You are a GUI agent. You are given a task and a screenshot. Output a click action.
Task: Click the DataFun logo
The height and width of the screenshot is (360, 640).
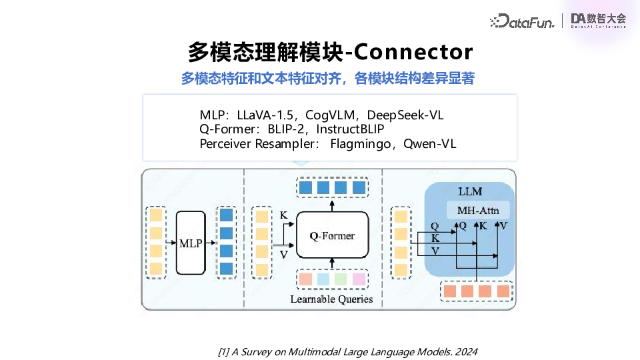point(521,21)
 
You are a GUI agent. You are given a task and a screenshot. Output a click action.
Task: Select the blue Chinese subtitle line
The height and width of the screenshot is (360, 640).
point(327,79)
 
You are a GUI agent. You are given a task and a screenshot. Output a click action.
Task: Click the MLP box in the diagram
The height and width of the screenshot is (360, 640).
point(191,243)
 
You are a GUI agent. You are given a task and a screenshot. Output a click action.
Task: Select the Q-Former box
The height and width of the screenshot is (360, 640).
point(332,235)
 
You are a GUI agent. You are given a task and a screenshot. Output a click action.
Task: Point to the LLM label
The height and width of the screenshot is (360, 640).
point(470,191)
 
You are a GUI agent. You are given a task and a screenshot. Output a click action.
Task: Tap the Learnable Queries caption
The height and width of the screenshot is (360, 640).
point(331,299)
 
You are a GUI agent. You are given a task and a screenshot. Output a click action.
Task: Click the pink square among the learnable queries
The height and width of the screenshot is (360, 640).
point(359,279)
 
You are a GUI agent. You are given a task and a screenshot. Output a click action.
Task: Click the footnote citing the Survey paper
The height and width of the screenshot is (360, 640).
point(348,351)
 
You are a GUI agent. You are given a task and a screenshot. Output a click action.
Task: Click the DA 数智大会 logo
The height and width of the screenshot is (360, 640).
point(598,21)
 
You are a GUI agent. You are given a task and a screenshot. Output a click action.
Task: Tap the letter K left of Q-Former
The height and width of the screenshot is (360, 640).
point(283,215)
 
